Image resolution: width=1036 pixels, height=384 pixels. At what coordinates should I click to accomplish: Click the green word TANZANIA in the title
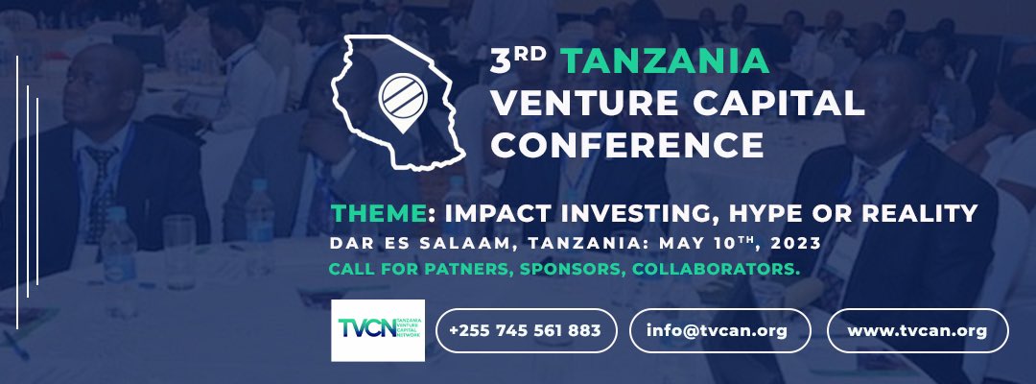click(x=665, y=61)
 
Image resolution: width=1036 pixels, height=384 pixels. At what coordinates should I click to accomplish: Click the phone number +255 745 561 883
click(x=524, y=330)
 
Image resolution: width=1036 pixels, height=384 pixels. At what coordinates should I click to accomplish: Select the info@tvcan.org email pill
click(x=719, y=330)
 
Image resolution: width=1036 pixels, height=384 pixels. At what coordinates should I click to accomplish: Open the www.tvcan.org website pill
click(x=917, y=330)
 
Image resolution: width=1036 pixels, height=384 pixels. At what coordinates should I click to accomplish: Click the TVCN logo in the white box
click(x=377, y=329)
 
